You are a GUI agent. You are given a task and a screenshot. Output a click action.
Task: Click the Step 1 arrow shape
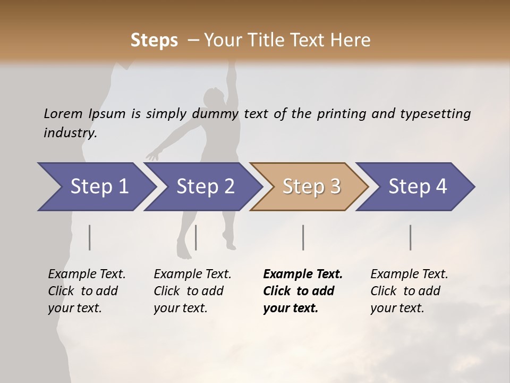(96, 187)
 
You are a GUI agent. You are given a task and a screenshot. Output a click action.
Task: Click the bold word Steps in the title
(154, 40)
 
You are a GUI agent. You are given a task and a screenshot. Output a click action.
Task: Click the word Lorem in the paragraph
(63, 113)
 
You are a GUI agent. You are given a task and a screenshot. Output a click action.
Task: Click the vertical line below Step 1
(90, 237)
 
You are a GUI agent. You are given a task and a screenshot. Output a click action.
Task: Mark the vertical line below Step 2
(196, 237)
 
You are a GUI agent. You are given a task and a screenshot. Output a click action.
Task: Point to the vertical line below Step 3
(303, 237)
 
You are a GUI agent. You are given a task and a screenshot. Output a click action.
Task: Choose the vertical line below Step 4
(410, 237)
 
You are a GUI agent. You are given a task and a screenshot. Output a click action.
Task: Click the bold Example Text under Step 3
(303, 274)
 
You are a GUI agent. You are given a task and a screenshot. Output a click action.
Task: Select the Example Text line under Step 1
(87, 274)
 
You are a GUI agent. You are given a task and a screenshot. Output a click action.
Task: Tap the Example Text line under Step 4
(409, 274)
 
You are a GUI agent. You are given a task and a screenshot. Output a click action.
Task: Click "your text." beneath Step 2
(180, 308)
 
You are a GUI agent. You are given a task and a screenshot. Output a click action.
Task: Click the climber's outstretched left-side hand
(152, 156)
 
